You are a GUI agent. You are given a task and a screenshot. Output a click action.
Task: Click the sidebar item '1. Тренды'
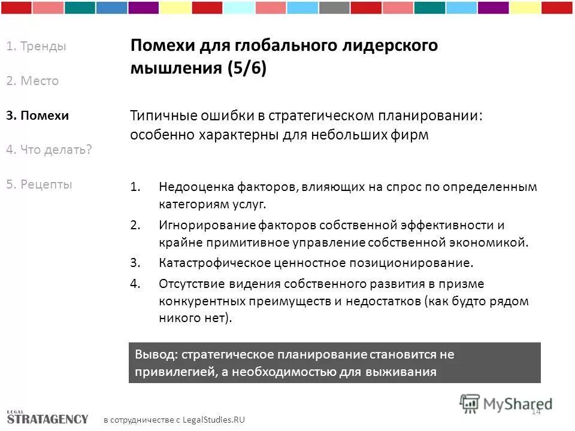[x=36, y=47]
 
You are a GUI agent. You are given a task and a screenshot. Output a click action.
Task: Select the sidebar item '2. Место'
[x=32, y=81]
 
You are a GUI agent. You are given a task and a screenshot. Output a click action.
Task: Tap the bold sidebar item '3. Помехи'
[x=37, y=116]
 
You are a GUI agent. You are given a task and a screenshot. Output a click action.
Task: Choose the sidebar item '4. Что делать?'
[x=49, y=150]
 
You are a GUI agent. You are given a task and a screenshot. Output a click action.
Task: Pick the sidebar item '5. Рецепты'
[x=39, y=184]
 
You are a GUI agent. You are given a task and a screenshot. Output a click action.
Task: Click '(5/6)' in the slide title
[x=246, y=68]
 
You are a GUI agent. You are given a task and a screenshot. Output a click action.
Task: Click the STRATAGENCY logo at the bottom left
[x=47, y=417]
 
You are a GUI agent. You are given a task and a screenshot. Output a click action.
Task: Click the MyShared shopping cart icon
[x=470, y=403]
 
